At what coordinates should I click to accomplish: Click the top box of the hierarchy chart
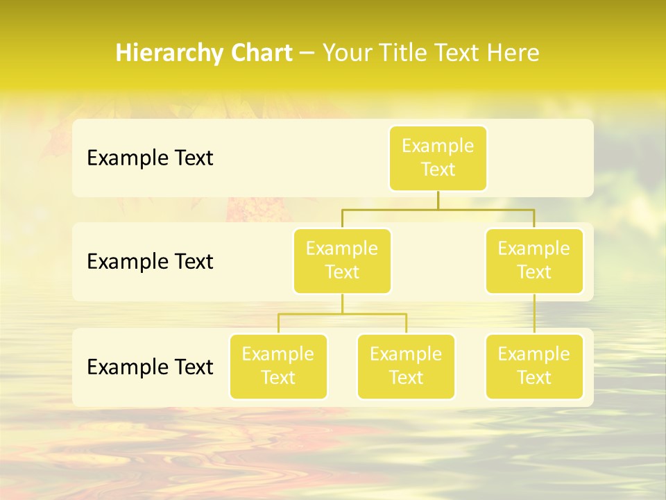(x=438, y=158)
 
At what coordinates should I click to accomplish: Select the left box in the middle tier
(x=342, y=260)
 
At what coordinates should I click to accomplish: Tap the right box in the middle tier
(x=534, y=260)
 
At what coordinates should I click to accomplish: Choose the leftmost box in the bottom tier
(x=278, y=366)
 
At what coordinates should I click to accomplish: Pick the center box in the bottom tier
(x=406, y=366)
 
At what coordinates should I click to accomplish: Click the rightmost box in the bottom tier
(x=534, y=366)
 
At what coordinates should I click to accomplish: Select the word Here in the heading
(x=514, y=53)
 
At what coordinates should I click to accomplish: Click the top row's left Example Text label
(x=150, y=158)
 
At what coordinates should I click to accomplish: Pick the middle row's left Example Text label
(x=150, y=262)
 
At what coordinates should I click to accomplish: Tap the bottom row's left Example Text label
(x=150, y=367)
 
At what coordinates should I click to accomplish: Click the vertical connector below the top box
(x=438, y=200)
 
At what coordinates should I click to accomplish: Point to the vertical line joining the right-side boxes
(x=534, y=314)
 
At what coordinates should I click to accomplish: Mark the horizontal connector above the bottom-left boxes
(x=342, y=314)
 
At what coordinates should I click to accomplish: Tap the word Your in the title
(x=347, y=53)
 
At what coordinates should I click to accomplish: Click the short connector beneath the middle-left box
(x=342, y=303)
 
